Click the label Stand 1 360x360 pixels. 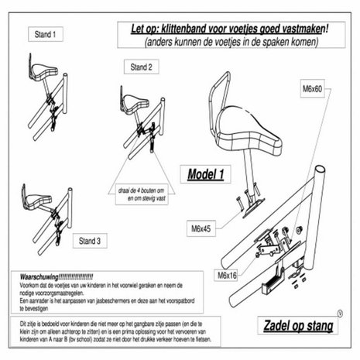43,35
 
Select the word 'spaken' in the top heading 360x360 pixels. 279,44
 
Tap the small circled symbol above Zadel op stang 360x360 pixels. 341,314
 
